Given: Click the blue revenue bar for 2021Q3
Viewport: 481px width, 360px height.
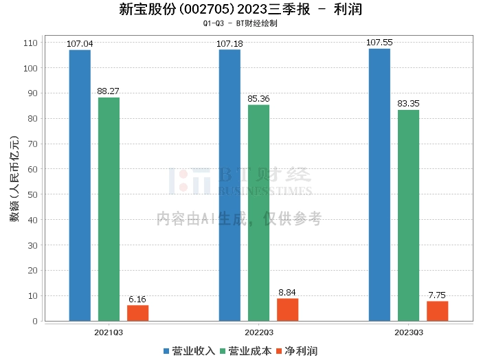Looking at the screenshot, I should [x=80, y=185].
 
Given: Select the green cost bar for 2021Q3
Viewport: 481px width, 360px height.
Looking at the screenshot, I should [x=109, y=209].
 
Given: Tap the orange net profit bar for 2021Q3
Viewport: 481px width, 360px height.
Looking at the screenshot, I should [x=137, y=313].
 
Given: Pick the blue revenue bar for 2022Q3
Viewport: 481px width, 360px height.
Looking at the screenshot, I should [x=230, y=185].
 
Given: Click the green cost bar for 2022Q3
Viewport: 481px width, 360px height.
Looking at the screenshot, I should [x=258, y=212].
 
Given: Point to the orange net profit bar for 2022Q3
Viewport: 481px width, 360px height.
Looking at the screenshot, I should [x=287, y=309].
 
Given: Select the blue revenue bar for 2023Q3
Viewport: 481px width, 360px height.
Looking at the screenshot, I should [x=379, y=185].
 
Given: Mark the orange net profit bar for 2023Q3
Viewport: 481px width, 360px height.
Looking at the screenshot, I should [x=437, y=311].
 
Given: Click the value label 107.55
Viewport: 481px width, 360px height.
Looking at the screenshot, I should [x=379, y=43].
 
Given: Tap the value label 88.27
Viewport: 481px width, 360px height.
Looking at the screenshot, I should [x=109, y=91].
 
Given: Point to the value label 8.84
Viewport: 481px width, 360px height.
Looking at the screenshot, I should [x=287, y=292].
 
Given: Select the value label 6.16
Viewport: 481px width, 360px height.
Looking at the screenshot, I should [x=137, y=299].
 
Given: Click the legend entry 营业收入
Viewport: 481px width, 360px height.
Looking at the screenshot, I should [x=190, y=351].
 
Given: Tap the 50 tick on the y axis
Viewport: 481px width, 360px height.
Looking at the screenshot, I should [x=30, y=194].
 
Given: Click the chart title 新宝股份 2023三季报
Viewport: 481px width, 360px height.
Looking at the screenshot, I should [x=240, y=10].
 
